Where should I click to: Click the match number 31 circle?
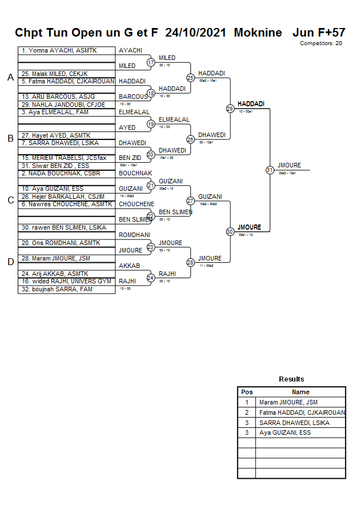pyautogui.click(x=270, y=170)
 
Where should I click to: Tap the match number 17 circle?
pyautogui.click(x=151, y=62)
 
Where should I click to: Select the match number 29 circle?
pyautogui.click(x=230, y=109)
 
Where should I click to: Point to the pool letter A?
pyautogui.click(x=10, y=78)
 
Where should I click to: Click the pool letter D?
pyautogui.click(x=10, y=262)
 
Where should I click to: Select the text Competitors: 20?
pyautogui.click(x=321, y=43)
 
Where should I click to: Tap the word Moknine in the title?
pyautogui.click(x=258, y=33)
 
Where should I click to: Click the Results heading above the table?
pyautogui.click(x=291, y=379)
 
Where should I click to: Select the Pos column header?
pyautogui.click(x=247, y=392)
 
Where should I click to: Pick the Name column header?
pyautogui.click(x=301, y=392)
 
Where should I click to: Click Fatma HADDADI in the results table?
pyautogui.click(x=302, y=412)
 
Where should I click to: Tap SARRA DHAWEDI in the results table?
pyautogui.click(x=294, y=423)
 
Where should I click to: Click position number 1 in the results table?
pyautogui.click(x=247, y=402)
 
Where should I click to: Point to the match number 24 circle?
pyautogui.click(x=151, y=278)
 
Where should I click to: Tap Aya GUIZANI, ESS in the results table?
pyautogui.click(x=285, y=433)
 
